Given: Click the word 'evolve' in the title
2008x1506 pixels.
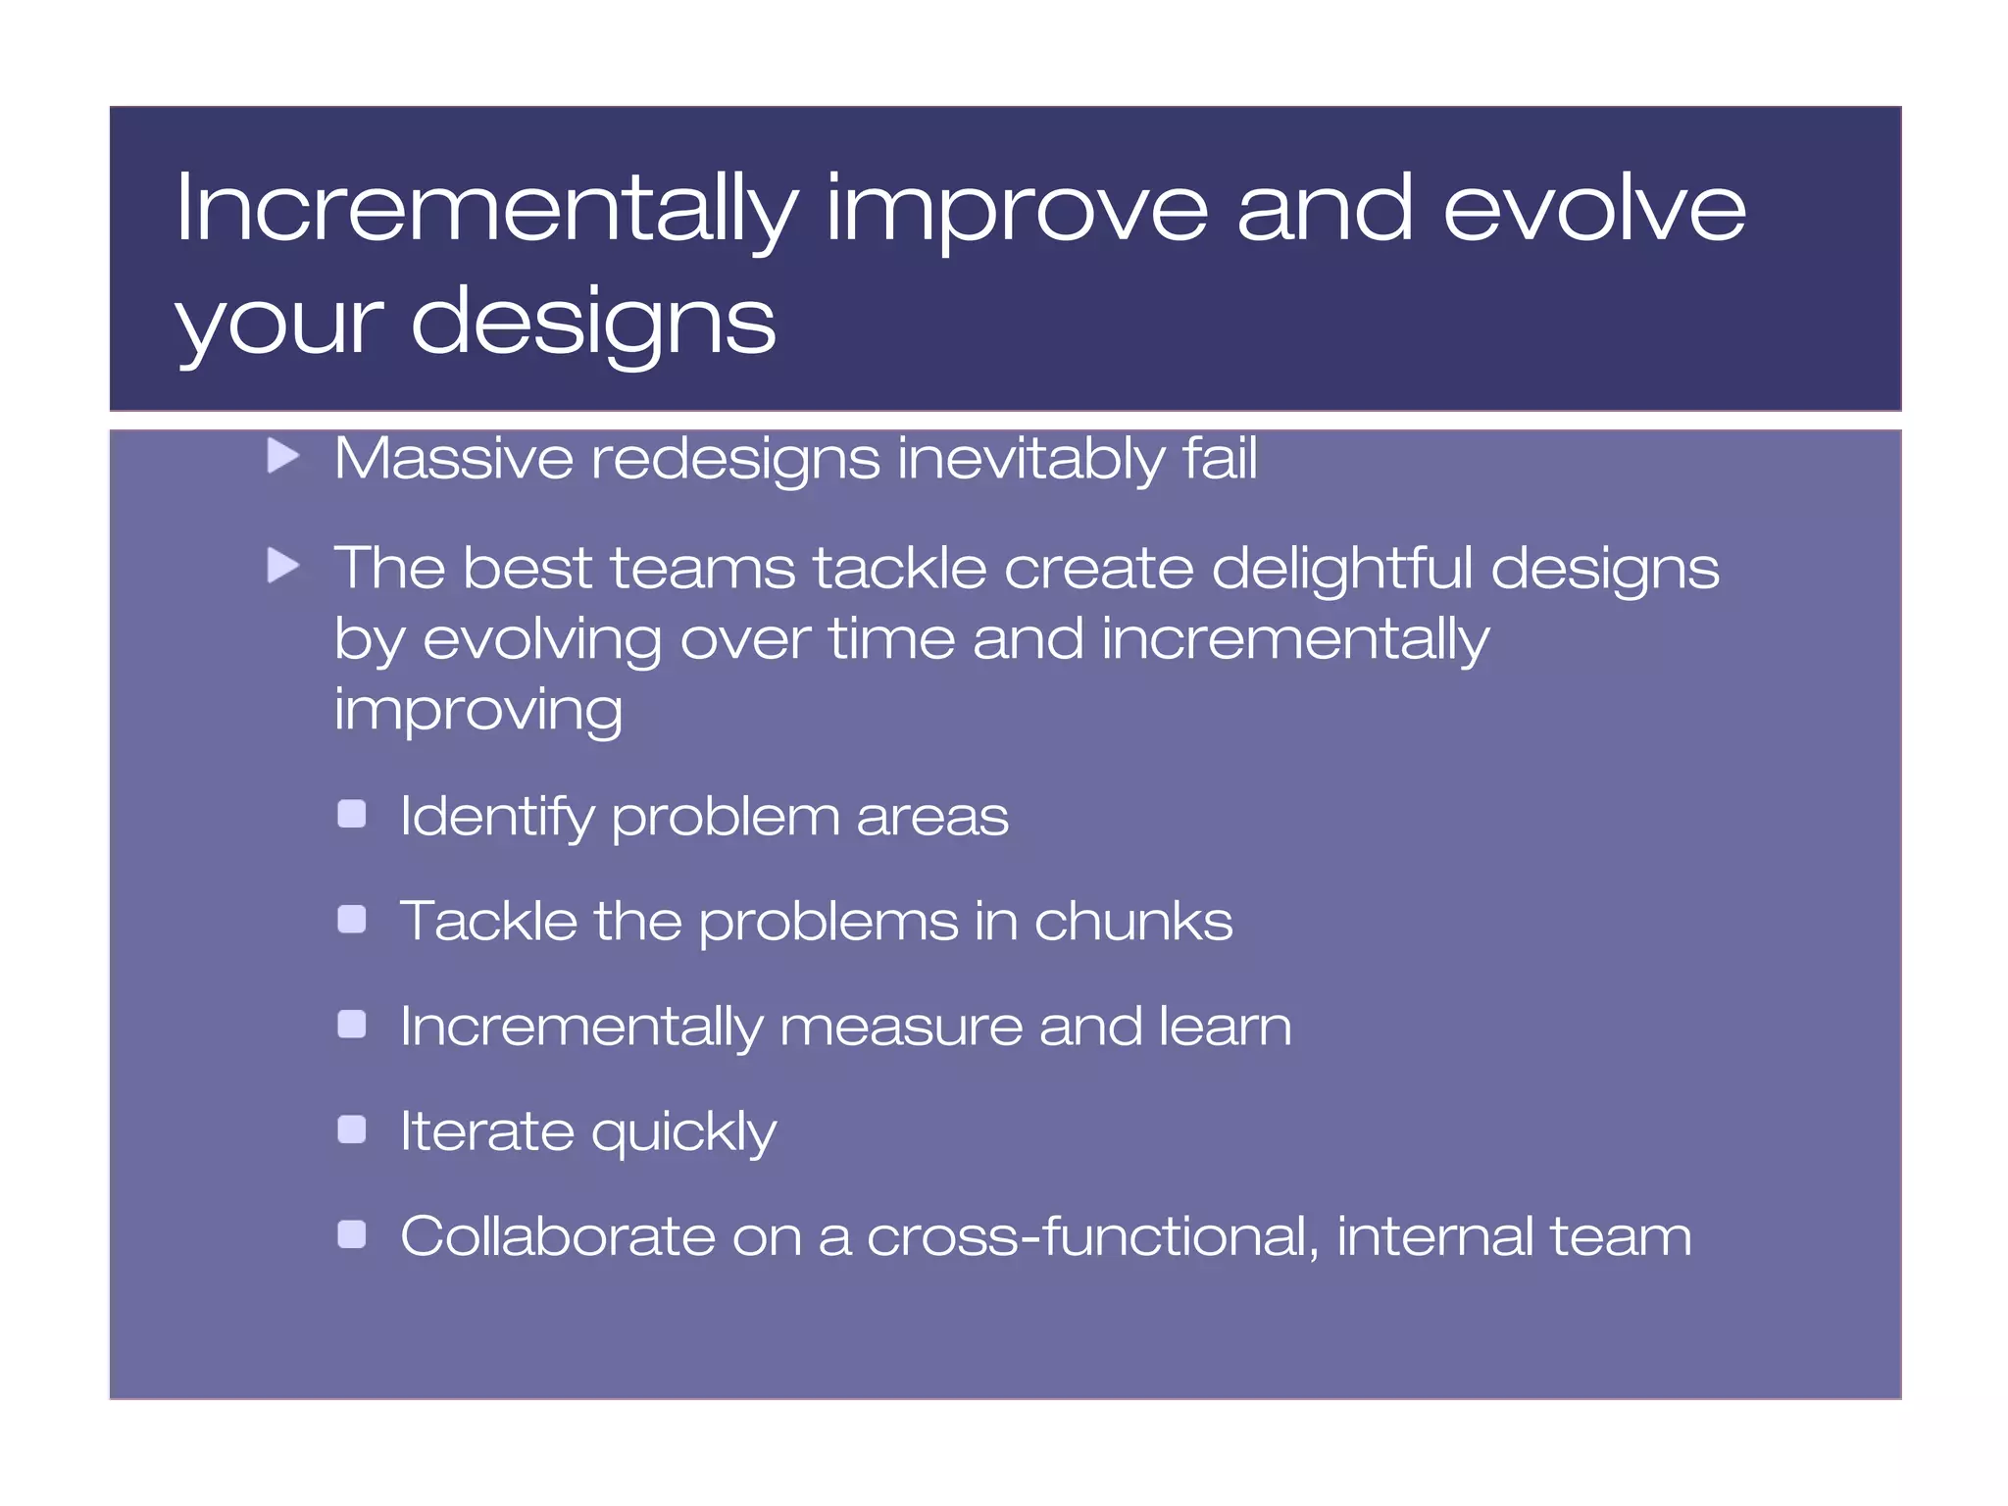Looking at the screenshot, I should (1594, 208).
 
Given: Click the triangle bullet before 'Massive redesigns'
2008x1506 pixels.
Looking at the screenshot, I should (283, 455).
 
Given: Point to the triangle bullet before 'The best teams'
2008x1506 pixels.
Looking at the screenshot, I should (283, 566).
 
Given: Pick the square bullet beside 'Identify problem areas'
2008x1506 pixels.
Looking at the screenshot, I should (351, 814).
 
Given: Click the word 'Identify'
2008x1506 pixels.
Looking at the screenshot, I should (497, 818).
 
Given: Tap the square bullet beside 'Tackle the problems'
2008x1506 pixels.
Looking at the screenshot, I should (351, 919).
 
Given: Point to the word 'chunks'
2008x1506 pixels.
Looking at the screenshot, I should (1132, 922).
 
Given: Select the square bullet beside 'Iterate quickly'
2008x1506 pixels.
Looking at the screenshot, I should (351, 1129).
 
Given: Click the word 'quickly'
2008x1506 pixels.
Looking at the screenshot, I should (683, 1134).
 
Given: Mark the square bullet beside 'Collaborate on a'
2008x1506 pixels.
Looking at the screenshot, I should (351, 1234).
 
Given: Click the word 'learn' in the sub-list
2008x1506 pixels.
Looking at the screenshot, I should (1225, 1027).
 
